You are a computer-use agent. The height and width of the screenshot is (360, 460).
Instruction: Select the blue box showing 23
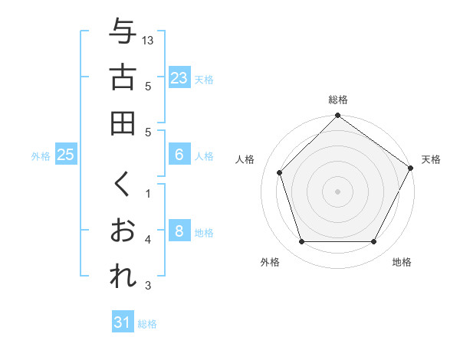[x=179, y=78]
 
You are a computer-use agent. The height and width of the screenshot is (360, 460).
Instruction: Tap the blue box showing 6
[x=179, y=155]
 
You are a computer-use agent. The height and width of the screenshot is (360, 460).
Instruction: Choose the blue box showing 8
[x=179, y=231]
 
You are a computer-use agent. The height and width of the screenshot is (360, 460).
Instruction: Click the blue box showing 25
[x=66, y=155]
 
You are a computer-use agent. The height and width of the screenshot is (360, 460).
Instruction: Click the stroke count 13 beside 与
[x=149, y=40]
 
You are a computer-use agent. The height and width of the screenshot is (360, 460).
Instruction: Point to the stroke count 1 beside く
[x=148, y=193]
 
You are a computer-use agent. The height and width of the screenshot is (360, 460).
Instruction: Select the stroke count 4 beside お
[x=148, y=240]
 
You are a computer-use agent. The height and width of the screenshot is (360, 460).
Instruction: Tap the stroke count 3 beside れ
[x=148, y=286]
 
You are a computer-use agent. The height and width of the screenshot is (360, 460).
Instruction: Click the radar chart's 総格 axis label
[x=338, y=100]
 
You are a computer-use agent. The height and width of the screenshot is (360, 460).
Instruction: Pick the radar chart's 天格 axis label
[x=431, y=159]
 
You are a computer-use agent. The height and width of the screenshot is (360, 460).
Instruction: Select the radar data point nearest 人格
[x=280, y=172]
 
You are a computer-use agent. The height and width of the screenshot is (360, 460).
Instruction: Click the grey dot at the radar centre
[x=338, y=191]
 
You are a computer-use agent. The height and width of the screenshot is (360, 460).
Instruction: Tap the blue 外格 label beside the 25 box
[x=41, y=155]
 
